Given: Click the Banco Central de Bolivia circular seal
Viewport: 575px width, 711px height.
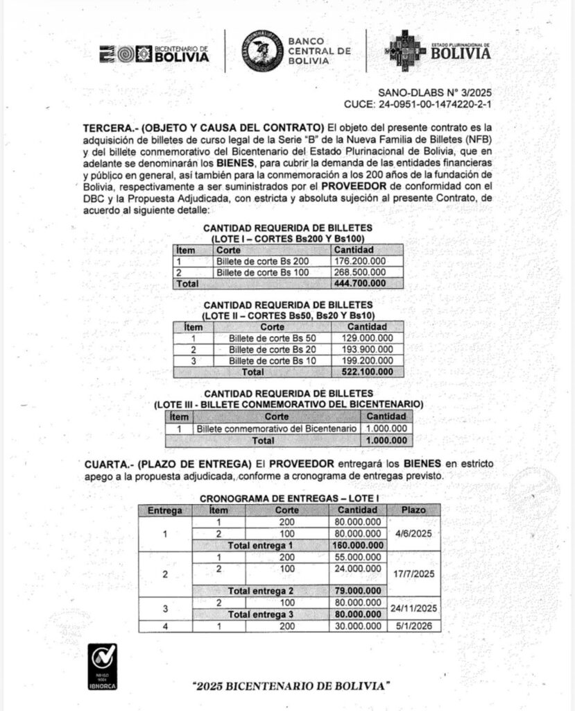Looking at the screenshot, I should [x=261, y=51].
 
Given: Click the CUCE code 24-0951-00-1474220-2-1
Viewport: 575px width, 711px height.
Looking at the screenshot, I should [x=422, y=105].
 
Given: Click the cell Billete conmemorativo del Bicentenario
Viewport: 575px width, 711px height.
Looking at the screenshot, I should [x=275, y=429].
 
